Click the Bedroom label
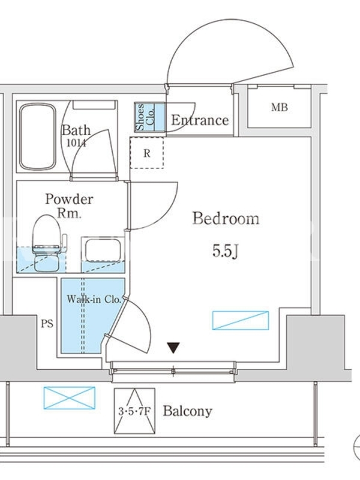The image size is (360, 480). coord(226,218)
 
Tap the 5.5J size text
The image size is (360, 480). coord(225,251)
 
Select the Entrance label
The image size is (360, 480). coord(200,120)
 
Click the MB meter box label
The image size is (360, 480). coord(279,107)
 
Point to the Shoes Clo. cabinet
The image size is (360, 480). coord(149,117)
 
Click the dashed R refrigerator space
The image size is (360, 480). coord(146,153)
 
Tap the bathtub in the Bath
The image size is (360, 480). coord(38,137)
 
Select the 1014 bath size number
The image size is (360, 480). coord(77,143)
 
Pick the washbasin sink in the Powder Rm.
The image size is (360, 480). coord(103,250)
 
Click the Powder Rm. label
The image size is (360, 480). coord(69,206)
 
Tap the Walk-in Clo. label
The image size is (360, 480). coord(94,299)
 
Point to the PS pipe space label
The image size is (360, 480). coord(47,323)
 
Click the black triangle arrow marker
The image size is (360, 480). coord(173,347)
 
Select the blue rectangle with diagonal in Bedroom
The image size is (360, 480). coord(241,320)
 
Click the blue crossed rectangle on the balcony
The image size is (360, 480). coord(70,398)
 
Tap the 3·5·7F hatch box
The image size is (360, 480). coord(134,411)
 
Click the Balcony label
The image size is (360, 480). coord(187,411)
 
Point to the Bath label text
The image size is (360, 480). coord(76,130)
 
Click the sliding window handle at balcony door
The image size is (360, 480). coord(173,371)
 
